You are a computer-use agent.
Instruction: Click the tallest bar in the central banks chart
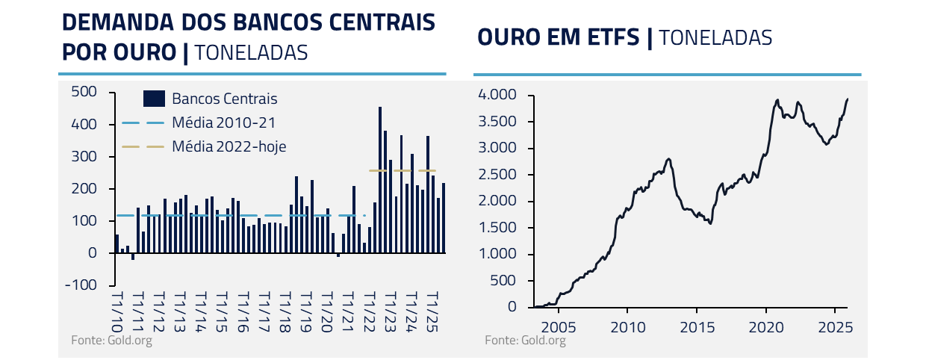tap(380, 179)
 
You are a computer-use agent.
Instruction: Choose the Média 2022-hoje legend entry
tap(229, 146)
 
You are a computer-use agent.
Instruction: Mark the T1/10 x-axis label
tap(116, 311)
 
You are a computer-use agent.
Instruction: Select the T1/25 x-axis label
tap(430, 311)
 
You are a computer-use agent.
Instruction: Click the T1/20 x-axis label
tap(326, 311)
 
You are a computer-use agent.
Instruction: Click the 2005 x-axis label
tap(559, 326)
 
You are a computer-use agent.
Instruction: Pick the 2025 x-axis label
tap(833, 326)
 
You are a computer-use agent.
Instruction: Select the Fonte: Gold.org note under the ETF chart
tap(525, 341)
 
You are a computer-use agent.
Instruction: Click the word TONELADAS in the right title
tap(715, 37)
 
